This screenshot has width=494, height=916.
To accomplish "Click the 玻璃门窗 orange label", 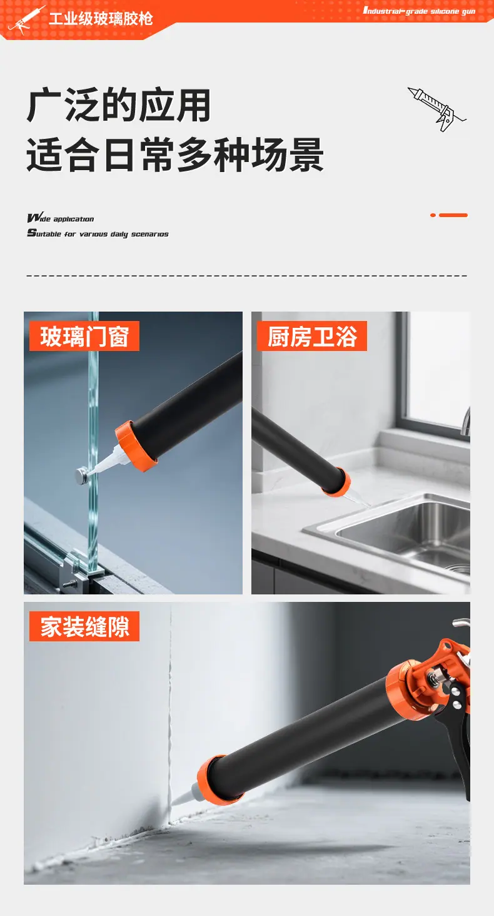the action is (x=84, y=336).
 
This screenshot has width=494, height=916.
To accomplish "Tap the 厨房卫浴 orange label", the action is (x=312, y=336).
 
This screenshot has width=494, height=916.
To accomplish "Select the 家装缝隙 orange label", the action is (x=84, y=626).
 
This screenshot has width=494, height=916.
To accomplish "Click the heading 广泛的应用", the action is (x=119, y=106).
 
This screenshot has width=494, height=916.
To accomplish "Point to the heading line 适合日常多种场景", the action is (x=175, y=155).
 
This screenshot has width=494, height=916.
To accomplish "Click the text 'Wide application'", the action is (x=61, y=218).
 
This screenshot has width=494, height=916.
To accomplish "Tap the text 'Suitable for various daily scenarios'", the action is (x=98, y=233).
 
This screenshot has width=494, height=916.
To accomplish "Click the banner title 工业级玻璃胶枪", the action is (x=101, y=18).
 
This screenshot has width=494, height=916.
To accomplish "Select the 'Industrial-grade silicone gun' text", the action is (x=419, y=11).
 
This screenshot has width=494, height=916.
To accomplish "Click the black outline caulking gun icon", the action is (x=436, y=108).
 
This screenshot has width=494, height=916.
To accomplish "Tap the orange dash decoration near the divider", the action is (x=448, y=215).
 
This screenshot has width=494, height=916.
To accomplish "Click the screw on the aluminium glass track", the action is (x=70, y=584).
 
